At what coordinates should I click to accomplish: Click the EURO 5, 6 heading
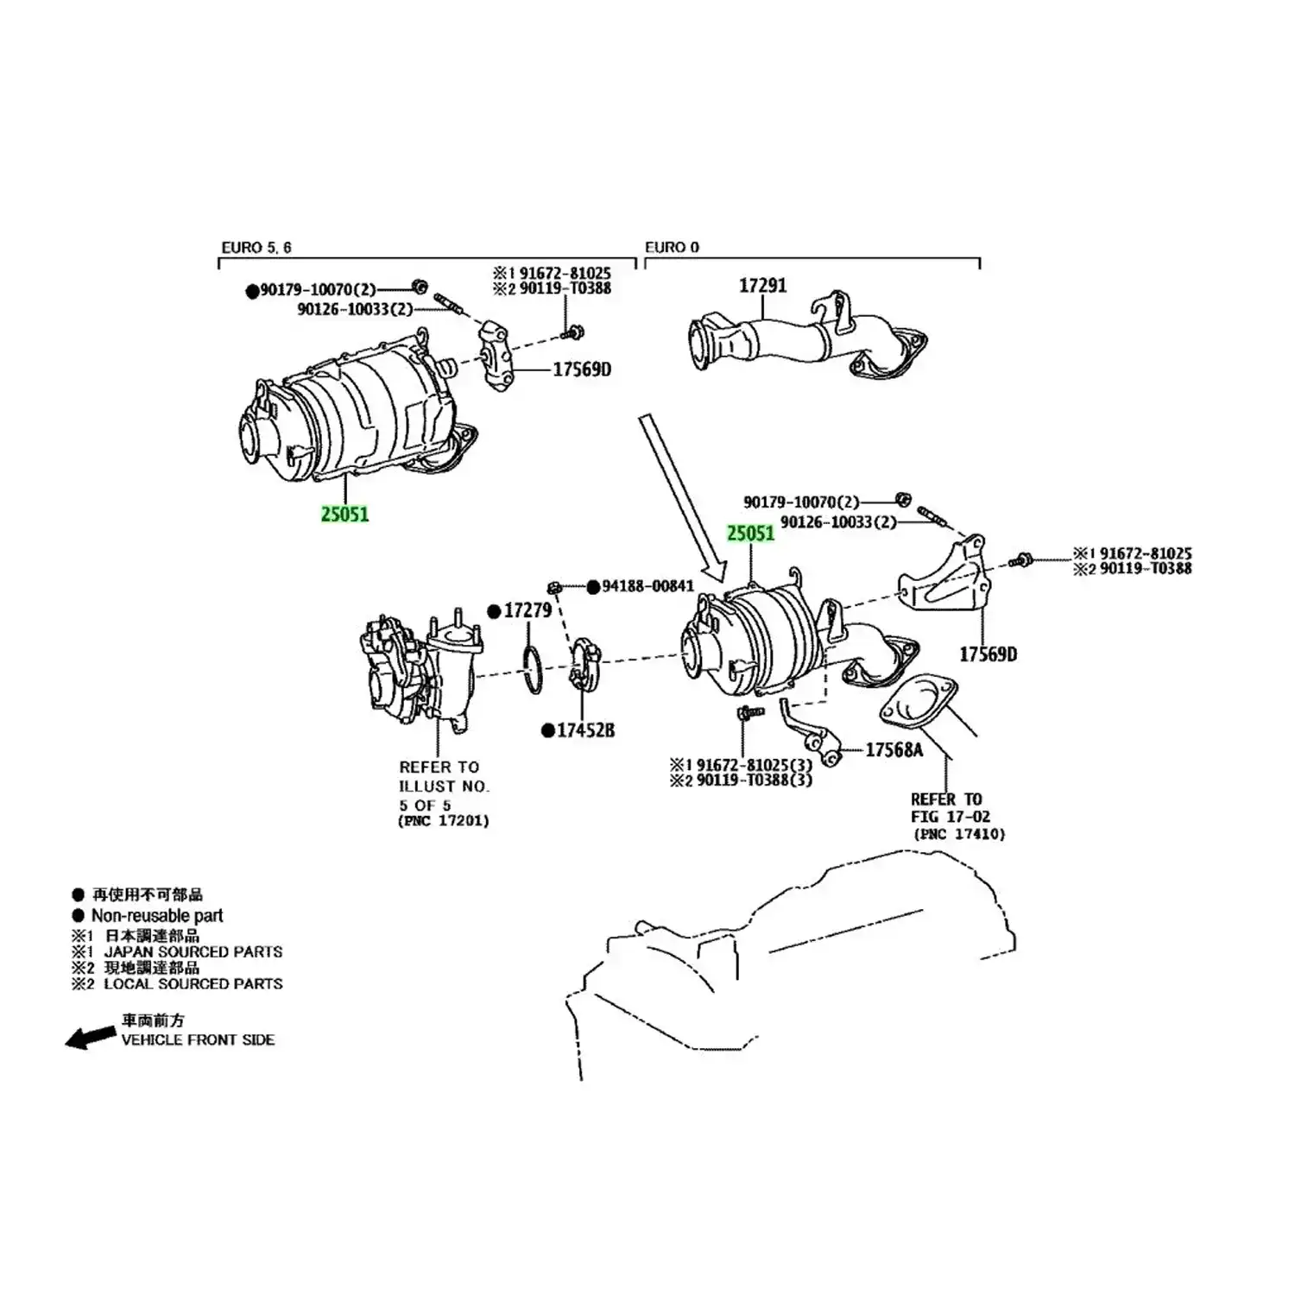pyautogui.click(x=256, y=248)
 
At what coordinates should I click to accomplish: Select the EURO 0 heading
pyautogui.click(x=672, y=248)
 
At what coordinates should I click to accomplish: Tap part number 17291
pyautogui.click(x=762, y=286)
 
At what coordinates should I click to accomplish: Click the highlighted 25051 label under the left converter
pyautogui.click(x=344, y=515)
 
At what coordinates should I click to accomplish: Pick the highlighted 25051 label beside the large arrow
pyautogui.click(x=750, y=534)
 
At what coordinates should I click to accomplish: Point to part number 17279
pyautogui.click(x=527, y=610)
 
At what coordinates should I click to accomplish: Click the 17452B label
pyautogui.click(x=585, y=730)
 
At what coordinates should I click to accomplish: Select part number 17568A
pyautogui.click(x=894, y=750)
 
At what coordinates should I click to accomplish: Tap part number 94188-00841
pyautogui.click(x=647, y=586)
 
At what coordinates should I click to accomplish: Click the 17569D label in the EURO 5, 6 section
pyautogui.click(x=582, y=370)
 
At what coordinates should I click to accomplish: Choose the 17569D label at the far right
pyautogui.click(x=988, y=654)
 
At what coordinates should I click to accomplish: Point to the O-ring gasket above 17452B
pyautogui.click(x=534, y=669)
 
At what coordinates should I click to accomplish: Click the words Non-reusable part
pyautogui.click(x=157, y=915)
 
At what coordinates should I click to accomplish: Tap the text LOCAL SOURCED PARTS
pyautogui.click(x=193, y=984)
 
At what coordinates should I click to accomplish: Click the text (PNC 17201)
pyautogui.click(x=444, y=821)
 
